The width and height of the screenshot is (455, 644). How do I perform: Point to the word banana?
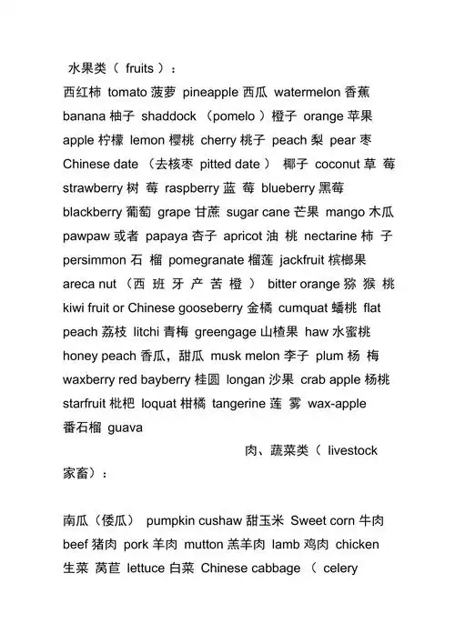(x=85, y=116)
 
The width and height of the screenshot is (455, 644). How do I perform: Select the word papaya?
(x=164, y=236)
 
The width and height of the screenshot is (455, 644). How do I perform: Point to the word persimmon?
(x=96, y=259)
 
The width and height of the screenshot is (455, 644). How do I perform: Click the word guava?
(x=126, y=426)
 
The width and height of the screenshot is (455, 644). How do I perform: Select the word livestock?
(x=352, y=449)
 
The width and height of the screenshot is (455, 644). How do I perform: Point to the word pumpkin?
(x=171, y=520)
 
